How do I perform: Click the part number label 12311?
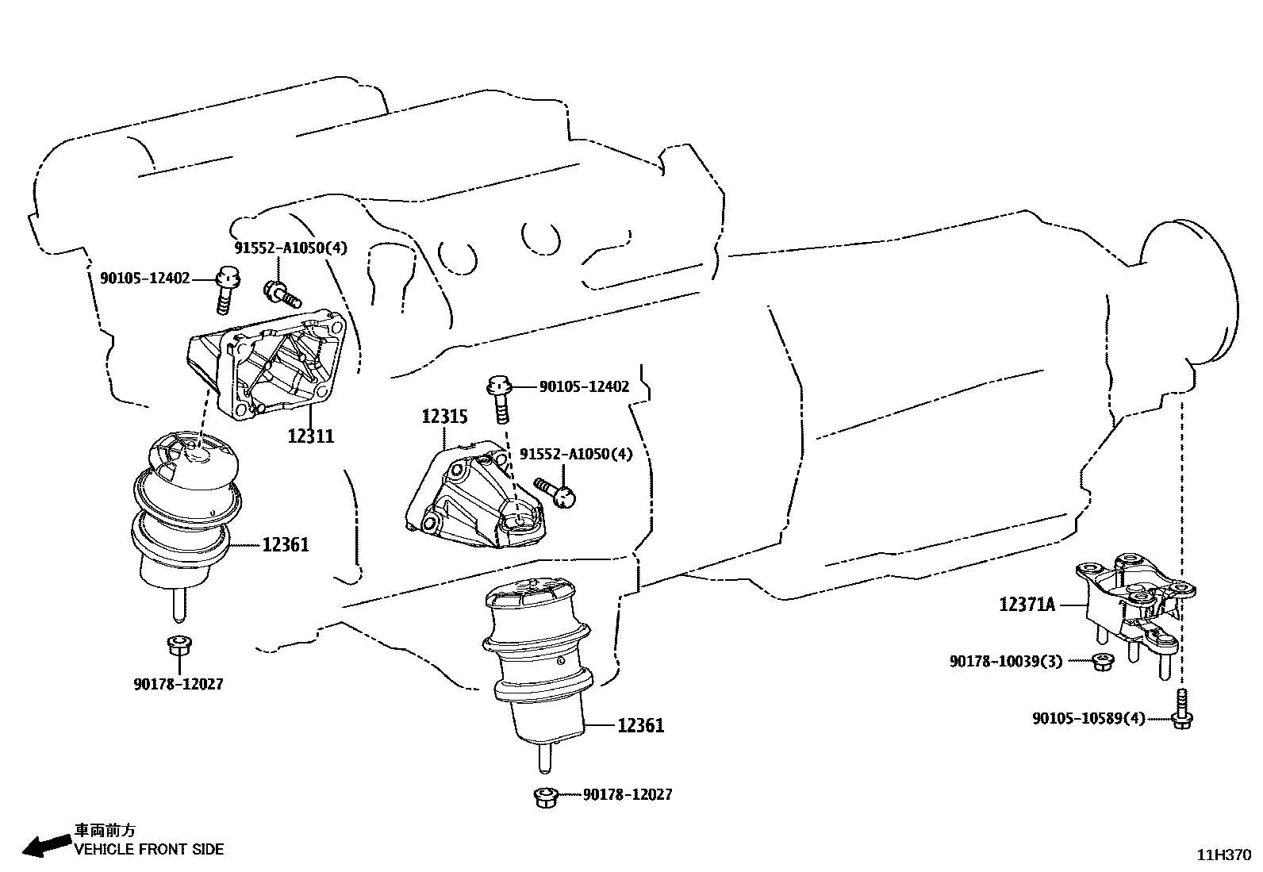point(310,436)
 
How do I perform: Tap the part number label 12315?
point(444,417)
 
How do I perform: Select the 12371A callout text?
point(1027,605)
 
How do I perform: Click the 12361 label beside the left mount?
point(286,545)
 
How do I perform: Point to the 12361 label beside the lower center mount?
point(640,725)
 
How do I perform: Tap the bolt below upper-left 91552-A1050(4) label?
point(282,295)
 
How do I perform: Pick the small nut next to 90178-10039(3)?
point(1101,661)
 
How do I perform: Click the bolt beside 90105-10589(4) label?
point(1182,711)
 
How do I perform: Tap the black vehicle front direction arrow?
point(45,846)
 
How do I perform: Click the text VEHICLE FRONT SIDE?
point(149,850)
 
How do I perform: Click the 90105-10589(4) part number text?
point(1088,719)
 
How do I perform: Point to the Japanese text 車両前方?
point(105,831)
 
